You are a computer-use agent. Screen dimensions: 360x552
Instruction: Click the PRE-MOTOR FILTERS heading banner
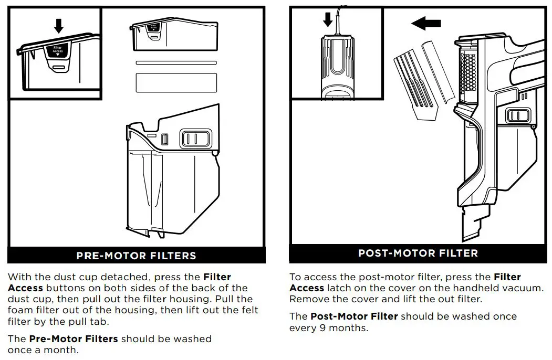pos(136,256)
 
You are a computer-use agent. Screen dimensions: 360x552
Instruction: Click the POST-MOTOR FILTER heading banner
pos(418,253)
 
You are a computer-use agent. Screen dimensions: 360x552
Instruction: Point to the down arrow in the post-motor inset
pos(328,20)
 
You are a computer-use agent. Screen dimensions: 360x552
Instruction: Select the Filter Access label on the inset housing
pos(58,50)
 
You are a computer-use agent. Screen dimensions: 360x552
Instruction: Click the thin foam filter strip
pos(176,62)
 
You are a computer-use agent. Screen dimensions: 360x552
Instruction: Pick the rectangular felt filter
pos(176,82)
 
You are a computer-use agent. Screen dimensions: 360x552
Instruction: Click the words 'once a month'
pos(43,350)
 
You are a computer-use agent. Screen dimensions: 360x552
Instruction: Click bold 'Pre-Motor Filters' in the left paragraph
pos(74,339)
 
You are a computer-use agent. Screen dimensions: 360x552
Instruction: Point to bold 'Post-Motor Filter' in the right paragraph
pos(354,316)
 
